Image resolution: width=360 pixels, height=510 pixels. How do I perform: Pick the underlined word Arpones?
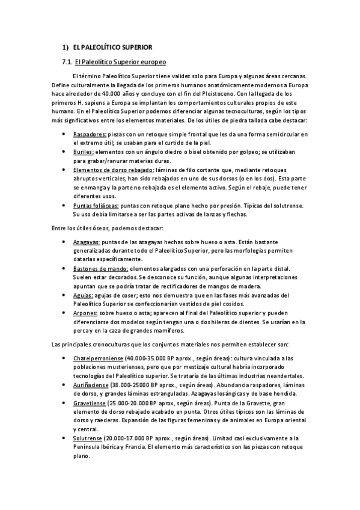tap(84, 313)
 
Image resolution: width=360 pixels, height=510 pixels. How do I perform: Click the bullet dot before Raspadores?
tap(64, 134)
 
